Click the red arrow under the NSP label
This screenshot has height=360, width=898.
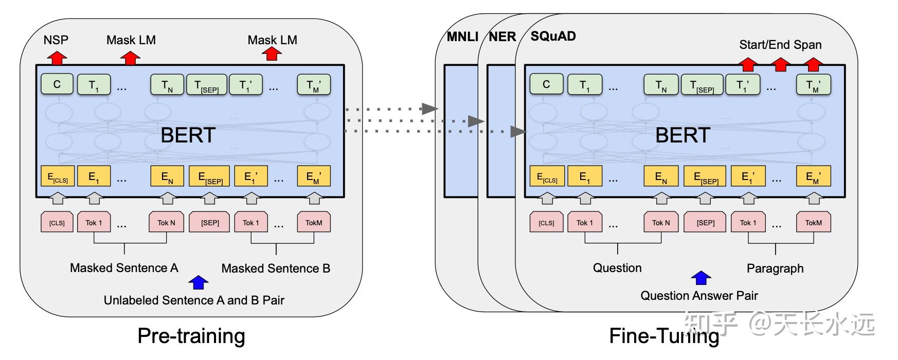point(57,57)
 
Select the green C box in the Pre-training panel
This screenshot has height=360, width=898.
point(57,84)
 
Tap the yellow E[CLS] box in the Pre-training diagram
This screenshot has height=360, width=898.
point(58,176)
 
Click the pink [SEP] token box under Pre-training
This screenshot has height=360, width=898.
point(210,222)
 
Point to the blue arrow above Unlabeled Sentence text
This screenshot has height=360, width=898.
point(199,282)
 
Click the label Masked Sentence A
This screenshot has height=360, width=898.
point(124,268)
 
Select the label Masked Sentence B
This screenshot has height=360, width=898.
point(276,268)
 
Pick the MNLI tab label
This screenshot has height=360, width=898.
point(462,37)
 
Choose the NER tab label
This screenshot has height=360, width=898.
point(502,37)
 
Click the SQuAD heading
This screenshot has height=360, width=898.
point(553,37)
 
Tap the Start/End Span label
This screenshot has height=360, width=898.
point(780,45)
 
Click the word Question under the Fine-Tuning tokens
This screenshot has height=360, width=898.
point(617,268)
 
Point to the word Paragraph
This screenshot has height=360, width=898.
point(775,268)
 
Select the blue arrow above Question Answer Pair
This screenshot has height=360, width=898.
point(701,278)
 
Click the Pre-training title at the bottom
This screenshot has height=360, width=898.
point(191,336)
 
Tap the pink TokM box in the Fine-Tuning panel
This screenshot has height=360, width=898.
point(814,222)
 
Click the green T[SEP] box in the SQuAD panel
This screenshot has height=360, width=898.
point(702,85)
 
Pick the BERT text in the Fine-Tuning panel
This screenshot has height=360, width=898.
point(683,135)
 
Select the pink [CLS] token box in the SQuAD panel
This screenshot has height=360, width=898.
point(547,222)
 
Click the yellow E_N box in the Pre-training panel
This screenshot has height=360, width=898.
point(167,176)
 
